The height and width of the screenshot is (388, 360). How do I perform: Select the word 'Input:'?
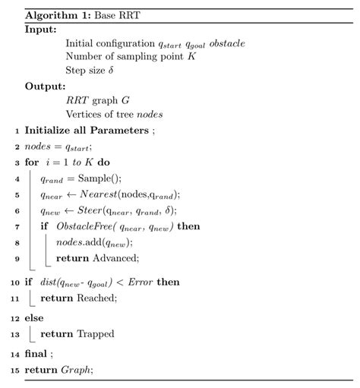tap(40, 30)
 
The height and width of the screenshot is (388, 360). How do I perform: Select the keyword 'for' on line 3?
tap(32, 162)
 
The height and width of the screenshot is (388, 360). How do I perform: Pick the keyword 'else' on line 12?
tap(33, 314)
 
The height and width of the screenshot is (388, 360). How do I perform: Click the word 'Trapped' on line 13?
tap(95, 330)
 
